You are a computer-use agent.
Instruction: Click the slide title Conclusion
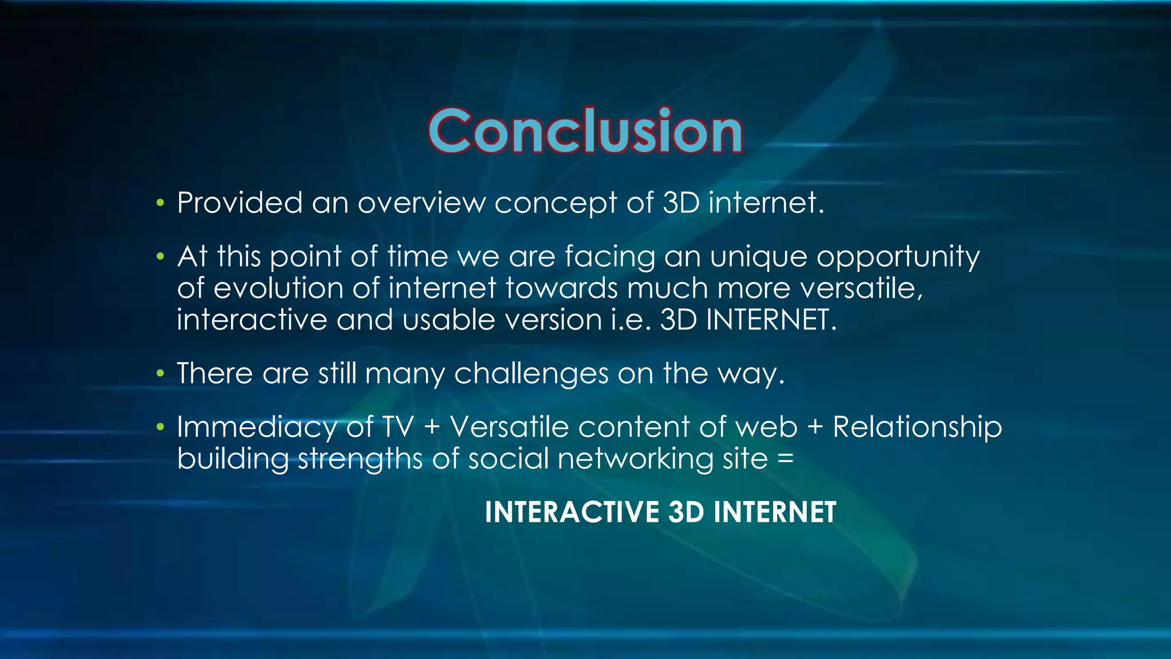pos(585,132)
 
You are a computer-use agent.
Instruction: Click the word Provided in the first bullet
pos(240,203)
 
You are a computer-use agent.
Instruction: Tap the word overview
pos(421,203)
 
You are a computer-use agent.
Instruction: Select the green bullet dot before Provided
pos(161,203)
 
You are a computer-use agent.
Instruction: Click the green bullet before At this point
pos(161,256)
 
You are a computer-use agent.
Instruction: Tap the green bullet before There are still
pos(161,374)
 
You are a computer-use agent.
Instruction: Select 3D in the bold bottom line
pos(686,512)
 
